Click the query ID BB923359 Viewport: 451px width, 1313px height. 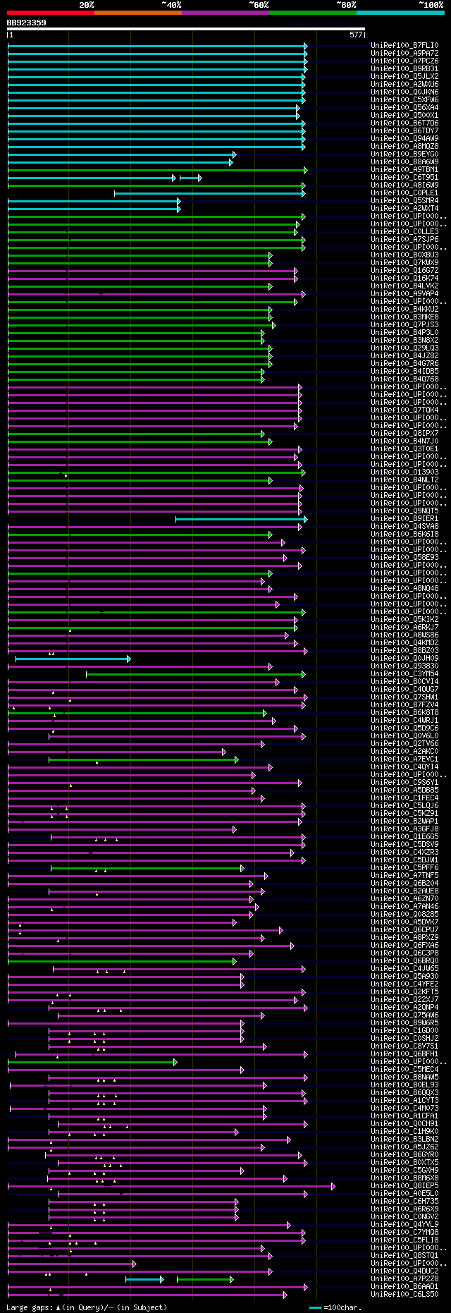click(x=27, y=23)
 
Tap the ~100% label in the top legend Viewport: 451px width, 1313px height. click(x=431, y=5)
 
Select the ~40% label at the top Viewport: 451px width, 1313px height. click(x=171, y=5)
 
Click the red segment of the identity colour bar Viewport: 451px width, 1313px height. click(x=50, y=12)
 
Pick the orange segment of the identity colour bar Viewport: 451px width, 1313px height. click(x=137, y=12)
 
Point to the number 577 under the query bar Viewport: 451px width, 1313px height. click(x=356, y=35)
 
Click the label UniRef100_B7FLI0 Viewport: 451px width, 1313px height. click(x=404, y=46)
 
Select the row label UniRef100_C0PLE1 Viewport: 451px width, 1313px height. click(x=404, y=193)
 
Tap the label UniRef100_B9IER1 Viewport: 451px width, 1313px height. click(x=404, y=519)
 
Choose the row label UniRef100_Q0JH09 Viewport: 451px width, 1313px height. click(x=404, y=659)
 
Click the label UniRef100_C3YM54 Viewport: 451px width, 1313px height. click(x=404, y=674)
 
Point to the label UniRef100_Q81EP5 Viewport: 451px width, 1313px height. click(x=404, y=1186)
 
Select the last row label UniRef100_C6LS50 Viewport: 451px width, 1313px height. click(x=404, y=1295)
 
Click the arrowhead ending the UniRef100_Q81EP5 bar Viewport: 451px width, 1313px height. click(x=333, y=1186)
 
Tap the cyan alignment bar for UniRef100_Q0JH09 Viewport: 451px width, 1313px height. click(x=70, y=659)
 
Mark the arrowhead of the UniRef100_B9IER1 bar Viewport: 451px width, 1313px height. click(x=305, y=519)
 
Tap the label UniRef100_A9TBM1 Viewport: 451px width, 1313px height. click(x=404, y=170)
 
